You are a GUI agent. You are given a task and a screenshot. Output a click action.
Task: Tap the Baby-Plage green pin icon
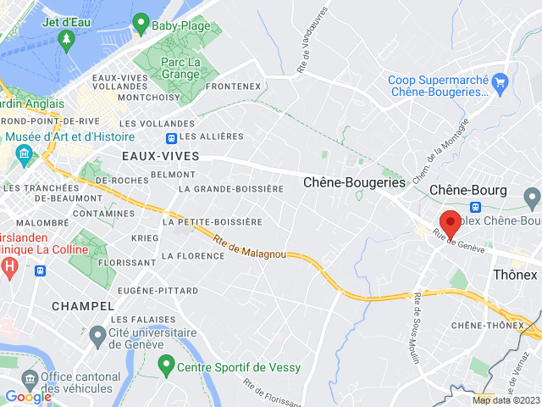point(141,25)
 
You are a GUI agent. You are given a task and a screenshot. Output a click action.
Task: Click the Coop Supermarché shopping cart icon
point(500,81)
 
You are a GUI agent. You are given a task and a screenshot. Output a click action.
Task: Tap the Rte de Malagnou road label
point(249,247)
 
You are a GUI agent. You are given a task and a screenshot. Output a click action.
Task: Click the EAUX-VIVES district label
point(160,156)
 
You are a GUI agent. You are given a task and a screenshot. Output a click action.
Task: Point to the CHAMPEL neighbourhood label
point(82,305)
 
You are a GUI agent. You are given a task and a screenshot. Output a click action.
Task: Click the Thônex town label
point(515,275)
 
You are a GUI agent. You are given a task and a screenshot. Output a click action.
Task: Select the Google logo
point(28,396)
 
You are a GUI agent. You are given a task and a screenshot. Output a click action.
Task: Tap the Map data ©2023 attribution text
point(505,400)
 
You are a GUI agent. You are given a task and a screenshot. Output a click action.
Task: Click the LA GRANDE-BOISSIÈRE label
point(231,188)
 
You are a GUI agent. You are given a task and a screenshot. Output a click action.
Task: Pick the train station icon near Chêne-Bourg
point(476,206)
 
